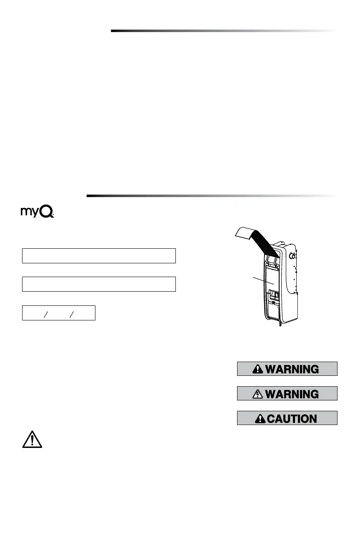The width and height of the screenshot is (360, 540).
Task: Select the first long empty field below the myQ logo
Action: click(99, 255)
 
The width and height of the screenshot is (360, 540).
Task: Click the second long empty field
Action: click(99, 284)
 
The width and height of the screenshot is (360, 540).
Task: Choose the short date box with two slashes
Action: click(59, 312)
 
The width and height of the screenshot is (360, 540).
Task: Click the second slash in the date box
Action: click(71, 312)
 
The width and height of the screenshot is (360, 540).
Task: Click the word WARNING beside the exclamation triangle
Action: click(292, 369)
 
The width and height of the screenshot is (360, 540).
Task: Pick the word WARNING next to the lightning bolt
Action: click(292, 394)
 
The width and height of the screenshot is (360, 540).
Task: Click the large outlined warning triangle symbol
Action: click(32, 439)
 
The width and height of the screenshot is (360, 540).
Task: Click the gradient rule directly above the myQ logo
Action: click(210, 195)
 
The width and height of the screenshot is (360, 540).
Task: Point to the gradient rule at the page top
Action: click(223, 30)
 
